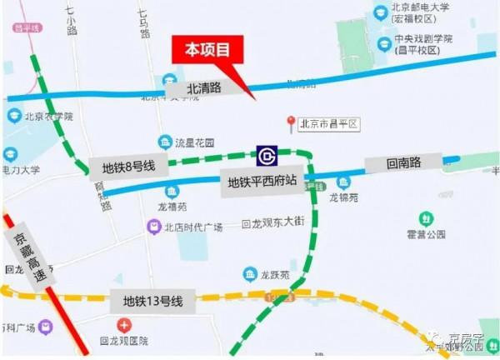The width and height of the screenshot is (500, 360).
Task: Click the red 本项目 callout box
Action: point(207,50)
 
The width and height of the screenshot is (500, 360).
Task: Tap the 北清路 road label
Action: point(203,87)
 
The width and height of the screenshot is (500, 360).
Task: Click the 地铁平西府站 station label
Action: point(263,181)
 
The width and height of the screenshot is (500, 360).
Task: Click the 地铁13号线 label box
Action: point(153,301)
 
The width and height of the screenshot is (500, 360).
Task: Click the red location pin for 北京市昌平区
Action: point(291,123)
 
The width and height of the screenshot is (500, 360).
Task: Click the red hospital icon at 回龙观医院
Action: point(123,325)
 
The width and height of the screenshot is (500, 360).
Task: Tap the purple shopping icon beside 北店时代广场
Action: point(153,226)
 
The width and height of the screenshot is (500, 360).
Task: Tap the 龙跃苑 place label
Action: point(272,276)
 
